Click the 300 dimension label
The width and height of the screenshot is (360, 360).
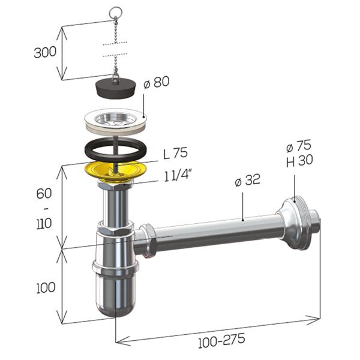(x=45, y=52)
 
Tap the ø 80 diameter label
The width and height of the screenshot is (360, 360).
(x=157, y=82)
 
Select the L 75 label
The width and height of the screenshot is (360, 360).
(x=175, y=153)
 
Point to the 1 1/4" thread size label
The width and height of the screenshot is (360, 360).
(x=178, y=176)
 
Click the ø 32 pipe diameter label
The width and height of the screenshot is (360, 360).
(x=248, y=180)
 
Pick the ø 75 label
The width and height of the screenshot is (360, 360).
(x=299, y=146)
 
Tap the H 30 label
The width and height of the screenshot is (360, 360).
(x=299, y=160)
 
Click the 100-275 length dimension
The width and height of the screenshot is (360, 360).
(x=221, y=341)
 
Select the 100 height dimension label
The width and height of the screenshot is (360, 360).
(x=46, y=287)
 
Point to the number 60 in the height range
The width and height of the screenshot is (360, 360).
(x=44, y=194)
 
